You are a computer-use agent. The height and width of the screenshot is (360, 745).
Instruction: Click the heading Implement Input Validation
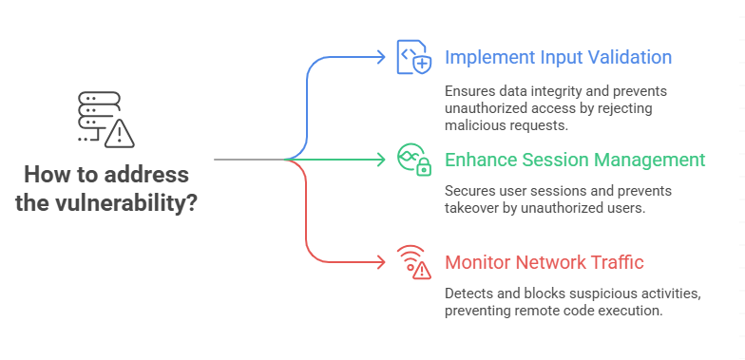click(558, 57)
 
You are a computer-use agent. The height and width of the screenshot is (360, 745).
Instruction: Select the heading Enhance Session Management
click(575, 160)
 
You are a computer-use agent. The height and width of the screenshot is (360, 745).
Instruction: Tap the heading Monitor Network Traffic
click(544, 262)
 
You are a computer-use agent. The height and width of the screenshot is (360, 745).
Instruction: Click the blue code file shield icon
click(414, 58)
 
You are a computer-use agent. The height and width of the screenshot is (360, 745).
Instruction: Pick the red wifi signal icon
click(413, 261)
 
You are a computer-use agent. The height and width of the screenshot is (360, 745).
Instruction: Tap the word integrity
click(556, 91)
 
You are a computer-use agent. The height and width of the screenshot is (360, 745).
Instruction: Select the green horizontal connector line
click(342, 160)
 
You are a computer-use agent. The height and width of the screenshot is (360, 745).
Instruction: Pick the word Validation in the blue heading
click(628, 57)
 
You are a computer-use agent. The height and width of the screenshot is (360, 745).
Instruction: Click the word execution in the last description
click(631, 310)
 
